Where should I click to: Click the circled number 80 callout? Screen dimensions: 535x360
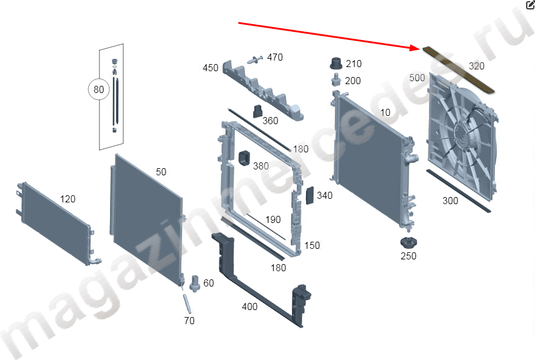99,89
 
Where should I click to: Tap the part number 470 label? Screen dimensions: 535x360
275,57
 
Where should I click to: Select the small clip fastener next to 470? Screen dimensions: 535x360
254,59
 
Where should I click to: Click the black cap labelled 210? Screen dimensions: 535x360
336,64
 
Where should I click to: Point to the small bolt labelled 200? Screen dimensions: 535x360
336,81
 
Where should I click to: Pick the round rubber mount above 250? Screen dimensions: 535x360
408,243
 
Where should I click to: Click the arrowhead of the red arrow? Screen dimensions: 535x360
417,48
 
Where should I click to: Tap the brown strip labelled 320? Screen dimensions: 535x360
458,70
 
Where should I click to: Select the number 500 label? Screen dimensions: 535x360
417,78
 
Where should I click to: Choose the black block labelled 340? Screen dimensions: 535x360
310,195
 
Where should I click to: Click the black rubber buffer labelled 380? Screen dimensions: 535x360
244,158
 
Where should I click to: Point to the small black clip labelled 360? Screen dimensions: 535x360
258,112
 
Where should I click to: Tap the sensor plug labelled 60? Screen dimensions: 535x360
195,284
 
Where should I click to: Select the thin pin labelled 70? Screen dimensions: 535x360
187,304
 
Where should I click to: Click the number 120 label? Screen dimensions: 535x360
68,199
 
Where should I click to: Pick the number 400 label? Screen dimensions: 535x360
250,306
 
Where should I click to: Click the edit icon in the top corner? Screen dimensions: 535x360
530,5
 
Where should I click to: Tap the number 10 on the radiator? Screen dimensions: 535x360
386,112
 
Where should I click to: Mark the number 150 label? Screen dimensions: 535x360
312,245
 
